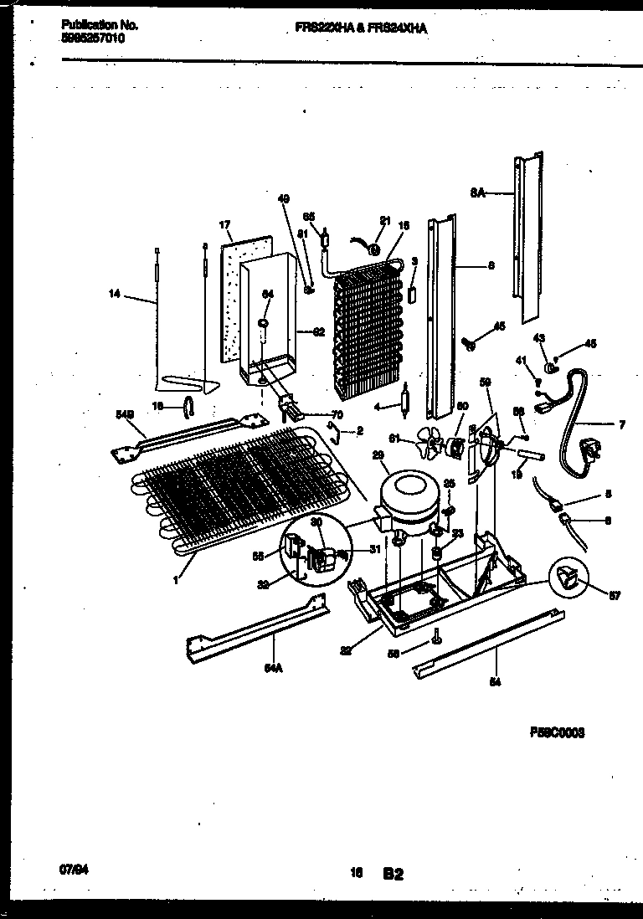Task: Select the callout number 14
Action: (x=115, y=293)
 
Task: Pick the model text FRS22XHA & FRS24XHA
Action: (x=362, y=28)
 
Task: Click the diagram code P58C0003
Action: (x=557, y=732)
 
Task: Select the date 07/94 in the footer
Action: (x=75, y=846)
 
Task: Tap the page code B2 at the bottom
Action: (x=394, y=850)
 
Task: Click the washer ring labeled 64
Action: (x=264, y=323)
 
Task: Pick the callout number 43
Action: (x=538, y=338)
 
